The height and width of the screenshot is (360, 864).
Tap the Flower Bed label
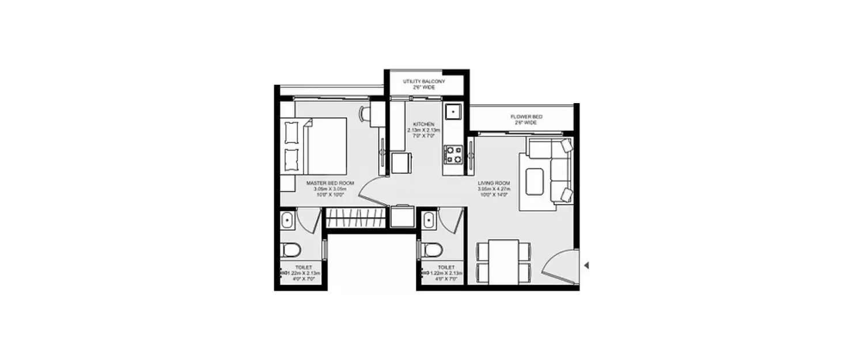click(526, 117)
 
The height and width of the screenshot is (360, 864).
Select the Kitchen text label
click(427, 124)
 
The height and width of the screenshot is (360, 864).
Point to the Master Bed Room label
click(330, 183)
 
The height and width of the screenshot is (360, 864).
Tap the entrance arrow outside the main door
click(586, 266)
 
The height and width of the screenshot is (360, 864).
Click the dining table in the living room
click(503, 260)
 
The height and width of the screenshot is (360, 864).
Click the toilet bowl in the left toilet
click(291, 249)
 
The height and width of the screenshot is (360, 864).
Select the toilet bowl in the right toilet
click(432, 249)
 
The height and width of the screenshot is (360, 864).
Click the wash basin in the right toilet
click(429, 221)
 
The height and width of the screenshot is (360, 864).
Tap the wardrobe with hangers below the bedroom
click(355, 219)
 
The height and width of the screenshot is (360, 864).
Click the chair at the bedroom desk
click(363, 113)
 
